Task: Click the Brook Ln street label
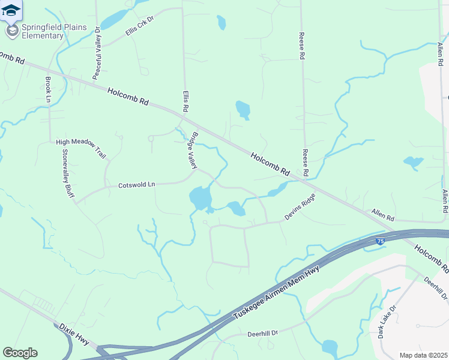[48, 89]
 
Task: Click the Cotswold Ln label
[136, 185]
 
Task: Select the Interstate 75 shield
[380, 241]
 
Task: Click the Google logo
[20, 353]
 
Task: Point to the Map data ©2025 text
[423, 355]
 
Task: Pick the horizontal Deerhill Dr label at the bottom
[263, 333]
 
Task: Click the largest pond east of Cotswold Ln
[200, 198]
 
